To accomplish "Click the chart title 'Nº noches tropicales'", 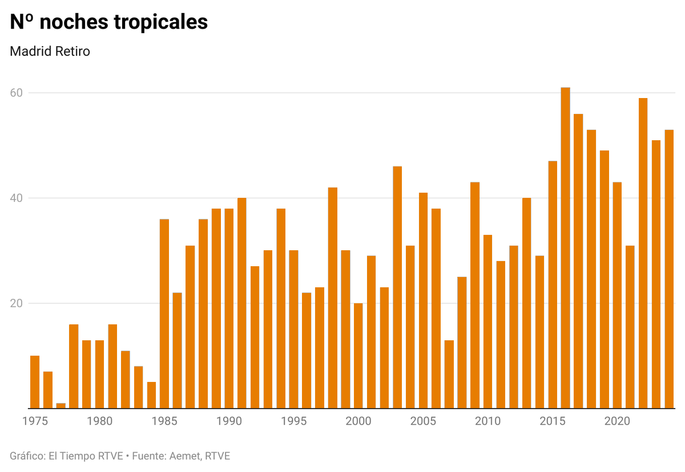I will pos(108,22).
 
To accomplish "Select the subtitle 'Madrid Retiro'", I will pos(50,51).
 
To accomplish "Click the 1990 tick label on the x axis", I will pos(229,421).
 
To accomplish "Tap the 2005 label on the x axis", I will pos(423,421).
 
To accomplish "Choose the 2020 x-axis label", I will pos(617,421).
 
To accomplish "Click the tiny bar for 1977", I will pos(61,406).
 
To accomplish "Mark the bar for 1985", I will pos(164,314).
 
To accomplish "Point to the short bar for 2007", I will pos(449,374).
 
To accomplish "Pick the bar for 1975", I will pos(35,382).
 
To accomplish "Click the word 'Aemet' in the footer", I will pos(182,456).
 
